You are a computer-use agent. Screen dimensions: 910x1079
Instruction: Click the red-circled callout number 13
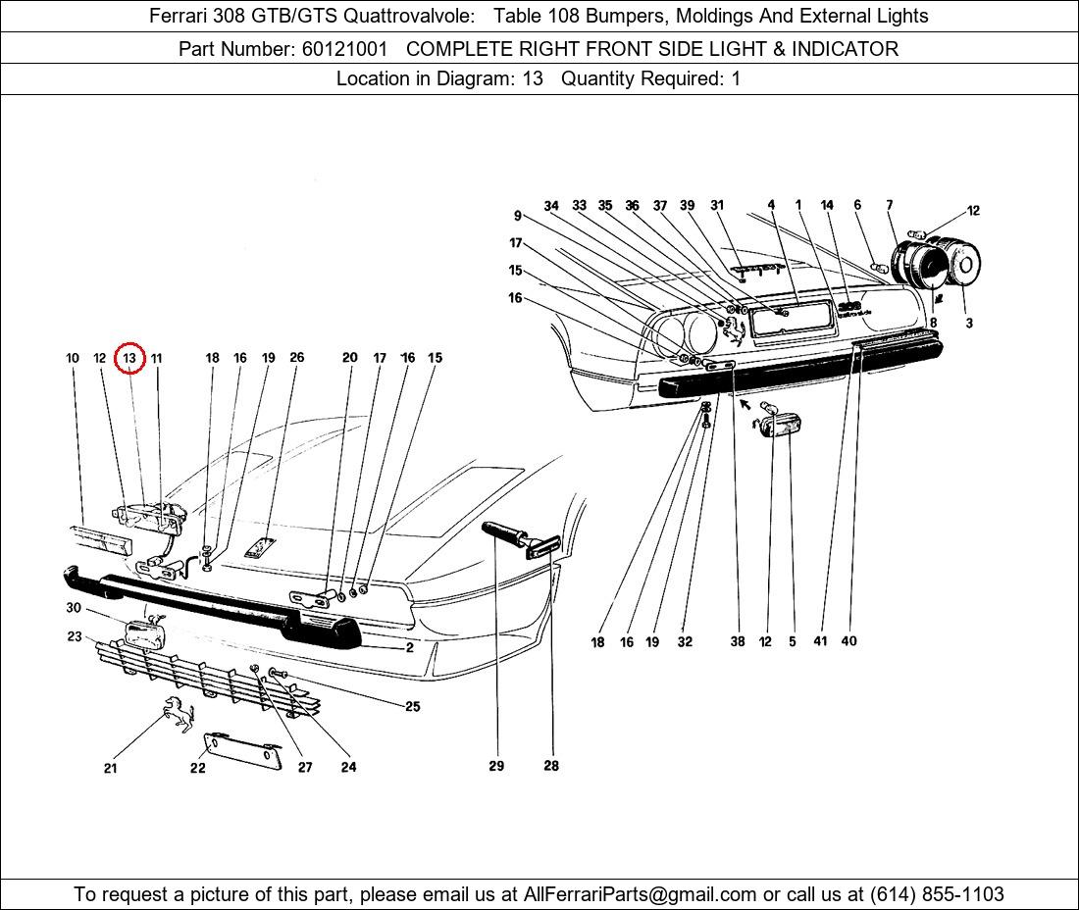click(129, 359)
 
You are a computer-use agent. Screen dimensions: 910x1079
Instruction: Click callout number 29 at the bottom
click(496, 766)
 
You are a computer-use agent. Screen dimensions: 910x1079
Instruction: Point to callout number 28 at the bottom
click(551, 766)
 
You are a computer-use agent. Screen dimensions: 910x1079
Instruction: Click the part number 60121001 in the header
click(343, 48)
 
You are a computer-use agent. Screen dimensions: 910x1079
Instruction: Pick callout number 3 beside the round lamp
click(969, 323)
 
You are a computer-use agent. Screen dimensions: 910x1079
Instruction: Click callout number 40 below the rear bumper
click(848, 641)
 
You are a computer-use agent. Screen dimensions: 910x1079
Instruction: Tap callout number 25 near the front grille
click(412, 706)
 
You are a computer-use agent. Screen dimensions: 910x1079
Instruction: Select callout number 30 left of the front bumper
click(74, 608)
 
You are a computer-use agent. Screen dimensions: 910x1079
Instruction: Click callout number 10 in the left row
click(73, 359)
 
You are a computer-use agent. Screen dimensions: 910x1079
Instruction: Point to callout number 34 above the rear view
click(551, 206)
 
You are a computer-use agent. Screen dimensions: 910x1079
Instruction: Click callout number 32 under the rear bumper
click(685, 642)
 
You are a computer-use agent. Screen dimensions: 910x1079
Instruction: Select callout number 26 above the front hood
click(297, 358)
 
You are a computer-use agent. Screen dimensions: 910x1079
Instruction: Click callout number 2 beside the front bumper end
click(410, 648)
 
